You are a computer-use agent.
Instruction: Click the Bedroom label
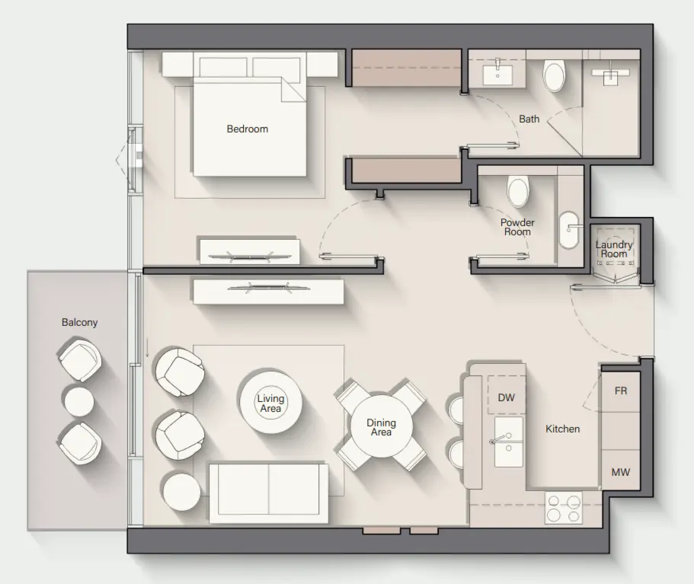(x=248, y=129)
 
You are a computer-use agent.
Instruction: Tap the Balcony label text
(x=80, y=322)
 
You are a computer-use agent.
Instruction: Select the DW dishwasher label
(x=507, y=397)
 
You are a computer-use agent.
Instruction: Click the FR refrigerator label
(x=621, y=391)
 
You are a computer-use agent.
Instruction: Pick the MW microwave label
(x=621, y=472)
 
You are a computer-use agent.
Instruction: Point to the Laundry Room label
(x=614, y=249)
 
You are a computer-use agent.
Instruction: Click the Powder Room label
(x=517, y=227)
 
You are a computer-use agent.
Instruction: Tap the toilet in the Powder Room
(x=518, y=191)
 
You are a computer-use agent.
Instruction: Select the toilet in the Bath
(x=554, y=76)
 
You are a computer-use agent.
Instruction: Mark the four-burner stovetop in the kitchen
(x=564, y=508)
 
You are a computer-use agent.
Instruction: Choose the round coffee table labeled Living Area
(x=270, y=403)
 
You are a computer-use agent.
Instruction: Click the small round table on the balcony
(x=78, y=401)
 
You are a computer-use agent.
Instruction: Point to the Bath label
(x=529, y=119)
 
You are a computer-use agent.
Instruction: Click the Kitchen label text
(x=563, y=429)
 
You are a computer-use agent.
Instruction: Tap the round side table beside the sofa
(x=181, y=492)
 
